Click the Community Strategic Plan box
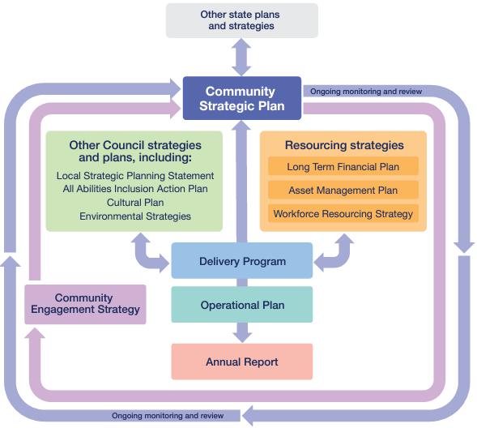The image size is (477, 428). pyautogui.click(x=242, y=98)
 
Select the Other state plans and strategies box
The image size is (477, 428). pyautogui.click(x=242, y=21)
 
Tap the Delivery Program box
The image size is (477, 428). pyautogui.click(x=242, y=260)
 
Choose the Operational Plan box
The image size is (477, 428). pyautogui.click(x=242, y=305)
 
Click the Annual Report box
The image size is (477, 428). pyautogui.click(x=242, y=362)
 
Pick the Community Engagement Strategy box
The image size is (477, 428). pyautogui.click(x=85, y=305)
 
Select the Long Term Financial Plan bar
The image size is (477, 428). pyautogui.click(x=343, y=166)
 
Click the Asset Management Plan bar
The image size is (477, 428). pyautogui.click(x=343, y=190)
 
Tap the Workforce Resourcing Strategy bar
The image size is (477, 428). pyautogui.click(x=343, y=213)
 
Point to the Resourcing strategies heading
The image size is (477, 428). pyautogui.click(x=344, y=145)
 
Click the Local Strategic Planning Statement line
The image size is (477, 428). pyautogui.click(x=135, y=176)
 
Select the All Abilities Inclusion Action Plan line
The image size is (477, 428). pyautogui.click(x=135, y=189)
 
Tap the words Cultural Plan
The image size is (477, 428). pyautogui.click(x=135, y=203)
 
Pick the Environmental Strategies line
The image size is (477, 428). pyautogui.click(x=135, y=216)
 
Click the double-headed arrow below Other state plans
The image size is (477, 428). pyautogui.click(x=241, y=58)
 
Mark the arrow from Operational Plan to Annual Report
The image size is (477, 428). pyautogui.click(x=242, y=332)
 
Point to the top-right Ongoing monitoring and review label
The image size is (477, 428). pyautogui.click(x=366, y=92)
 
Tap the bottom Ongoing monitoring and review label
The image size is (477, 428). pyautogui.click(x=168, y=416)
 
